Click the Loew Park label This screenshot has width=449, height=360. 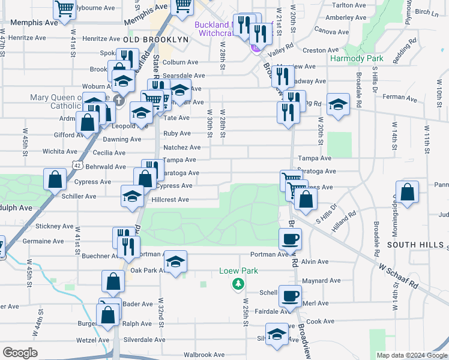[238, 271]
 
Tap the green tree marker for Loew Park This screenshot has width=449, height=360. [239, 283]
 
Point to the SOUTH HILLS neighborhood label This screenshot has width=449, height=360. [415, 245]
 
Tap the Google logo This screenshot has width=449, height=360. [20, 353]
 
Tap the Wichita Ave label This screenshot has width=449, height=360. [59, 152]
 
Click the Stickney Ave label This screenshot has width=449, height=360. [55, 226]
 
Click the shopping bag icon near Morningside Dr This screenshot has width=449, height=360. [408, 193]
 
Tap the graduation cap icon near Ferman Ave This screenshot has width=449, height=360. [338, 104]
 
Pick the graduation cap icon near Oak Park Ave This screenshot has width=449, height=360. [175, 262]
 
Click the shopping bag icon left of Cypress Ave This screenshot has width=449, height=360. [55, 179]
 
